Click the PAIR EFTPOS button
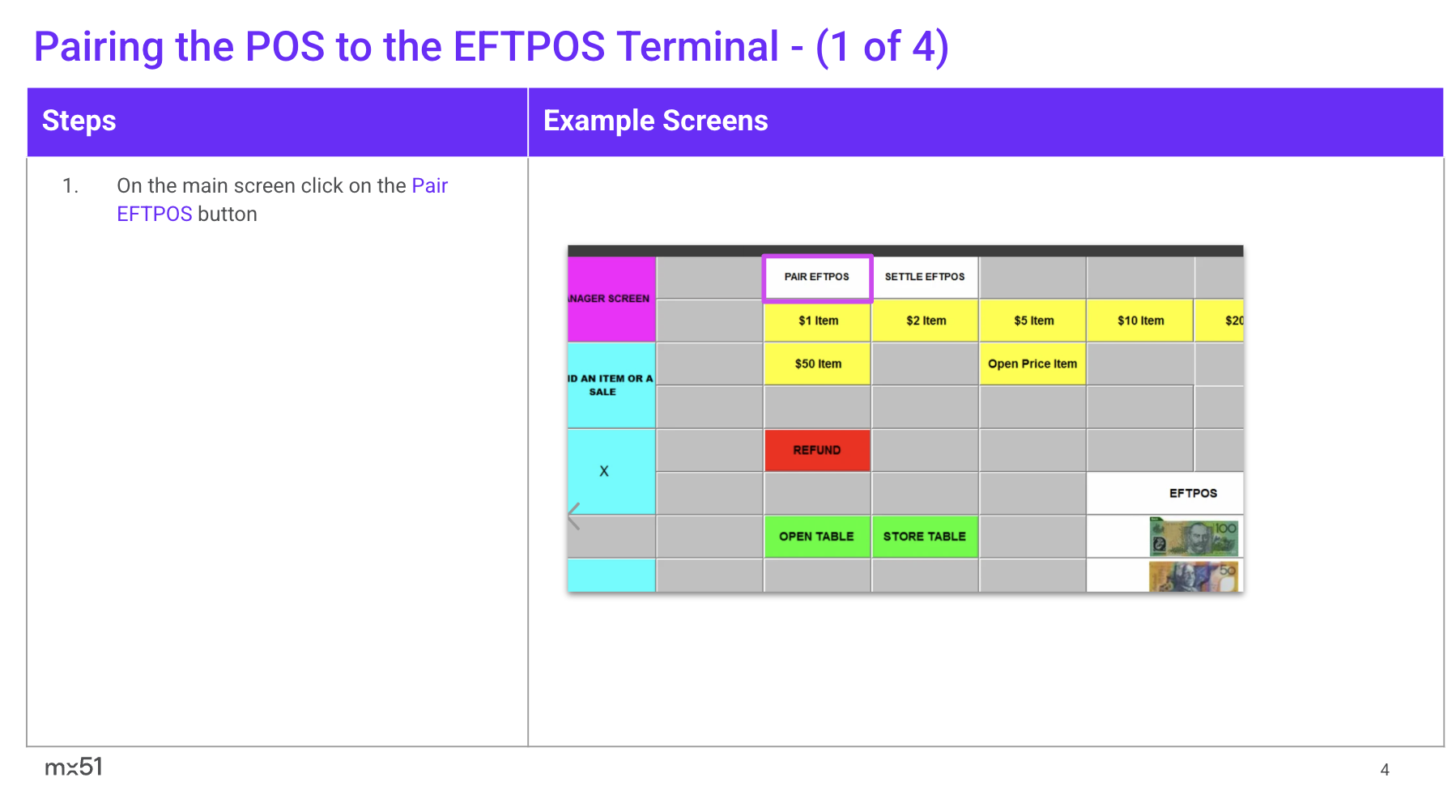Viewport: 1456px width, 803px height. (817, 278)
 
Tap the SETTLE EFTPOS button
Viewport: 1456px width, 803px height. (925, 277)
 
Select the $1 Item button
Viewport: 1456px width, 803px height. (817, 321)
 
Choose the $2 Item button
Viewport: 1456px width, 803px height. (925, 321)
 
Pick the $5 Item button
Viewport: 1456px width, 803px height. (1032, 321)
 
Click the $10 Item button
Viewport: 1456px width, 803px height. (1140, 321)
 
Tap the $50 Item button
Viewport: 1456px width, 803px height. (817, 364)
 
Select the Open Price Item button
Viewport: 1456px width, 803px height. (1032, 364)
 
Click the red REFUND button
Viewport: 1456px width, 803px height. (817, 450)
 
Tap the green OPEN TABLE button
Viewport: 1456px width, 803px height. (817, 537)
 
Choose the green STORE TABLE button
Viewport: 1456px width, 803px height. (925, 537)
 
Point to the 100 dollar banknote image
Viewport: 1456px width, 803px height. (1194, 537)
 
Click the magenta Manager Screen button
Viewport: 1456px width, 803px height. (611, 299)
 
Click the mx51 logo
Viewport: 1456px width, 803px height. (74, 767)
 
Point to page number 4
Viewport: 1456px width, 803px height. (1385, 770)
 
